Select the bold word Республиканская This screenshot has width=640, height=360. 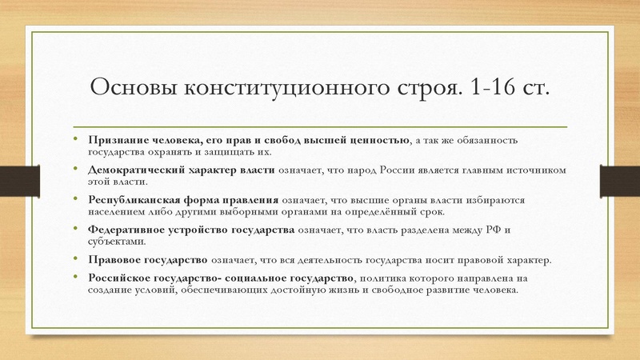[138, 199]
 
